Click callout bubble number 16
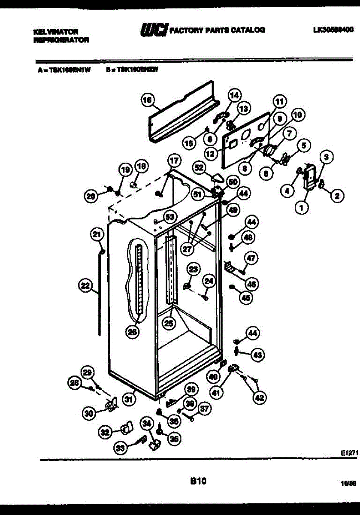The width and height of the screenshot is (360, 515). pyautogui.click(x=147, y=100)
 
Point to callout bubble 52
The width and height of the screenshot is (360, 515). pyautogui.click(x=199, y=167)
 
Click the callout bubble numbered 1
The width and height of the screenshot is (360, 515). pyautogui.click(x=302, y=208)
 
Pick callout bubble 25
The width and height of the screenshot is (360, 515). pyautogui.click(x=169, y=323)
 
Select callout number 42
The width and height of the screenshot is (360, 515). pyautogui.click(x=259, y=398)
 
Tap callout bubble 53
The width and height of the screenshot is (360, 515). pyautogui.click(x=170, y=217)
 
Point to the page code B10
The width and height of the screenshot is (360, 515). pyautogui.click(x=198, y=482)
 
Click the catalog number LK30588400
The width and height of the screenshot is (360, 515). pyautogui.click(x=333, y=30)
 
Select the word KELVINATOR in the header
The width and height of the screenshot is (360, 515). pyautogui.click(x=56, y=32)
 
